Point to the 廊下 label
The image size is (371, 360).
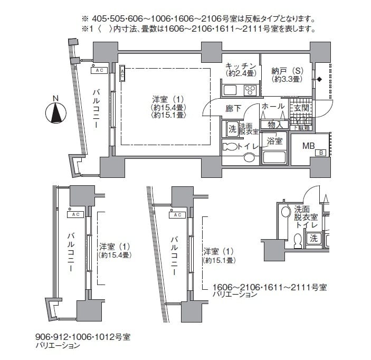tap(233, 108)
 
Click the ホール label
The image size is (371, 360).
tap(273, 107)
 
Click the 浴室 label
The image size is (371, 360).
tap(274, 141)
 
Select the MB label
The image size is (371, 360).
tap(309, 146)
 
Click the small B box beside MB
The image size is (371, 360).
tap(320, 153)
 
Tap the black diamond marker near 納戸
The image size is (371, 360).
tap(319, 80)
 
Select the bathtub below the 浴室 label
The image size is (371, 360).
tap(274, 157)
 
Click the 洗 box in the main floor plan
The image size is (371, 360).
tap(232, 128)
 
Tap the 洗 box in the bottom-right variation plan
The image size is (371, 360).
tap(313, 238)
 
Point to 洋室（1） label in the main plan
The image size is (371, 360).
tap(168, 99)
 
